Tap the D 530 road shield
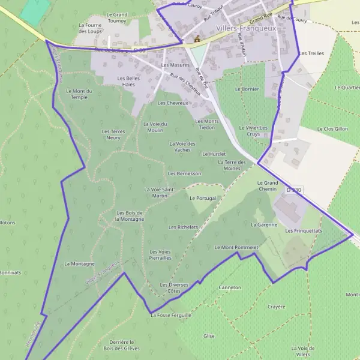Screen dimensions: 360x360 point(293,190)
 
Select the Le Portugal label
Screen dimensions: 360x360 point(202,197)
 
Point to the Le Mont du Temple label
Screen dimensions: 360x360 point(79,94)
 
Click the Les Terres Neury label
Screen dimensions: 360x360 point(113,134)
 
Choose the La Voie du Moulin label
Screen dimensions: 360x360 point(154,127)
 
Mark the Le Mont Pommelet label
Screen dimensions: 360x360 point(236,247)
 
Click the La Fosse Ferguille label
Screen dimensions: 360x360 point(171,314)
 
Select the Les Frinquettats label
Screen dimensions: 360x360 point(304,230)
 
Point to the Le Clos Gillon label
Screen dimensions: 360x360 point(332,128)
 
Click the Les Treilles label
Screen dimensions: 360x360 point(311,53)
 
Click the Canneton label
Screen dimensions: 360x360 point(230,287)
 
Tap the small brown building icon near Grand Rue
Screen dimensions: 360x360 point(196,40)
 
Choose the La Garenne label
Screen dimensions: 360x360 point(263,225)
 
